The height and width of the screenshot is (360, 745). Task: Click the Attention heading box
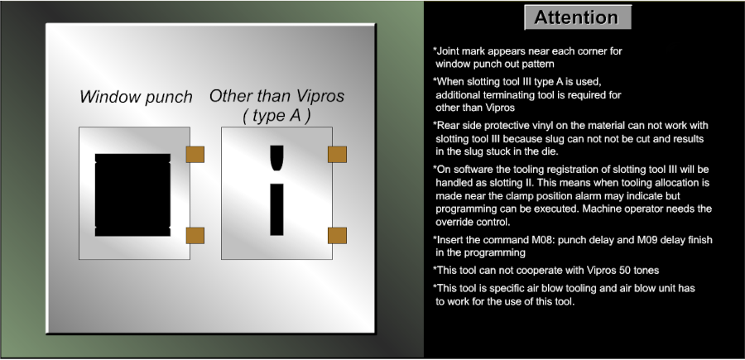click(x=578, y=17)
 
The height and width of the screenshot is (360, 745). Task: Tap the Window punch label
click(x=136, y=97)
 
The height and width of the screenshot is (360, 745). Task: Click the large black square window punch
click(x=132, y=194)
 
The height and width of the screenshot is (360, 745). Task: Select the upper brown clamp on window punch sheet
click(x=195, y=155)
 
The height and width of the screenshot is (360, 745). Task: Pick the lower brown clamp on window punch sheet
click(x=195, y=236)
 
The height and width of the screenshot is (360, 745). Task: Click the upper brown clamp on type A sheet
click(x=337, y=155)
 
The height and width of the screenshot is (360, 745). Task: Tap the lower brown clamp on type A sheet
click(x=337, y=236)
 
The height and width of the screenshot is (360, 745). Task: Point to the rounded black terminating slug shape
click(x=276, y=158)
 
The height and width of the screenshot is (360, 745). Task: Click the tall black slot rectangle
click(x=276, y=209)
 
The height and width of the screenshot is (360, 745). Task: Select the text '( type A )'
click(x=276, y=116)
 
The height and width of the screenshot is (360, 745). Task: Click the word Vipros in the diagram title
click(x=320, y=96)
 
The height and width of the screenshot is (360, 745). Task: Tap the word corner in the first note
click(x=590, y=50)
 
